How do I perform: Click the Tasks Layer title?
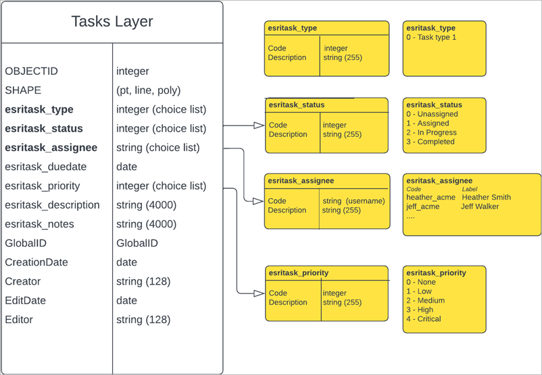coord(112,22)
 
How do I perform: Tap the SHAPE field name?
coord(23,90)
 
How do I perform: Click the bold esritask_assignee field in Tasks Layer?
coord(51,148)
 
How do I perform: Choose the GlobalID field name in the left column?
coord(26,243)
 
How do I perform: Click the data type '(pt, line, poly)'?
coord(148,90)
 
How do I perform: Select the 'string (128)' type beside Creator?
coord(143,281)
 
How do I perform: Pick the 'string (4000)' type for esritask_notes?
coord(146,224)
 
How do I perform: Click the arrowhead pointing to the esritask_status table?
coord(258,125)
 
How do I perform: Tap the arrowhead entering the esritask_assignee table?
coord(258,201)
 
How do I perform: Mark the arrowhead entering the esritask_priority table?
coord(258,293)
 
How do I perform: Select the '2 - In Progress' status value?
coord(431,133)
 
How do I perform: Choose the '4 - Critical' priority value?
coord(424,319)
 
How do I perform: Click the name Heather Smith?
coord(486,198)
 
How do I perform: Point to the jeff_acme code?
coord(422,206)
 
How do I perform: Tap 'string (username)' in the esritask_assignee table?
coord(353,201)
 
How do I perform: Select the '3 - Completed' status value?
coord(430,142)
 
